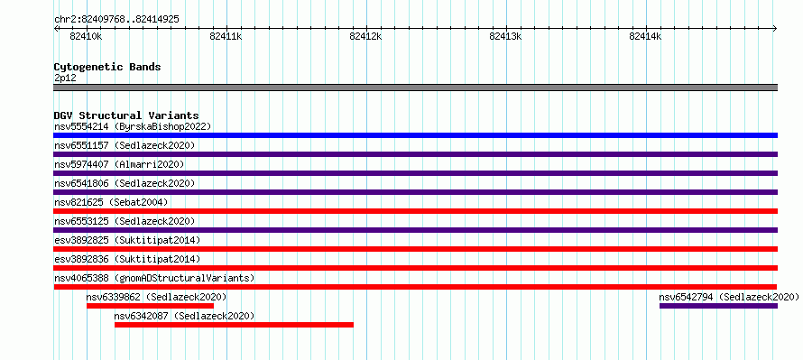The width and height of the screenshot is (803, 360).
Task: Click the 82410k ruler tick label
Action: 86,36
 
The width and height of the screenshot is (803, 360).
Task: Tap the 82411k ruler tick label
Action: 226,36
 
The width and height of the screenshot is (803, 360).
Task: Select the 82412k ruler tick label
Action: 365,36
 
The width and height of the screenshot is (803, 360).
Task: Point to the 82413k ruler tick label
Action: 505,36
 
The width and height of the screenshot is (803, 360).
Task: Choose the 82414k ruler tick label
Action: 645,36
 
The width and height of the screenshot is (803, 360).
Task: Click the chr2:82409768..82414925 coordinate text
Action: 116,20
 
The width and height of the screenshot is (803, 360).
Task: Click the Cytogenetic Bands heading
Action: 107,67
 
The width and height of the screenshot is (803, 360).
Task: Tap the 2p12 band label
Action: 65,78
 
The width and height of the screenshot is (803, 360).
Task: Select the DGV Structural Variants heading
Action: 126,115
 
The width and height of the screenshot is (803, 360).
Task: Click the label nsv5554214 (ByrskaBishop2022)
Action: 133,126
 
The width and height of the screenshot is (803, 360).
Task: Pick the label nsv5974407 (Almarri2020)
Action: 119,164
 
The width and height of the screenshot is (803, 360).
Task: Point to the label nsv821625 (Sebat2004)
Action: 111,202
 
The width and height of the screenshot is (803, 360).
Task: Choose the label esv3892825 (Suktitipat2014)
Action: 127,240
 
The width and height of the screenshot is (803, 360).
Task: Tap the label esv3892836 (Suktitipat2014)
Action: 127,259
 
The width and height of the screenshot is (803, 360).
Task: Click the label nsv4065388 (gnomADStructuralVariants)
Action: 154,278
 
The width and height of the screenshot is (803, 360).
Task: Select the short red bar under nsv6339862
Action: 150,306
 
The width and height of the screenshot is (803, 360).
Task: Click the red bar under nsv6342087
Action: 234,325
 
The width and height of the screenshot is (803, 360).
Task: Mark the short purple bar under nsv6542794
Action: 718,306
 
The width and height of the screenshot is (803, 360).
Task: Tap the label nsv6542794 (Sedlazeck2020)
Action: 729,297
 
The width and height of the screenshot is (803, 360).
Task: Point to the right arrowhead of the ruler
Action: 775,29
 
